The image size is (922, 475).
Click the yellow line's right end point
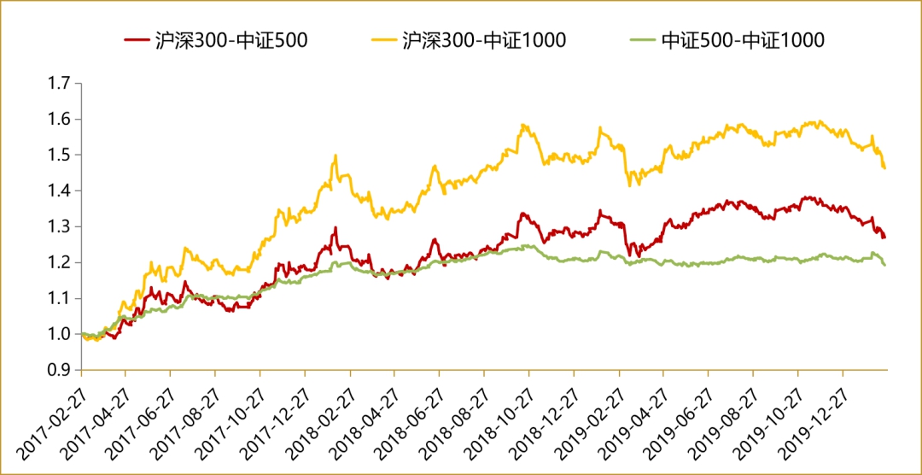click(884, 168)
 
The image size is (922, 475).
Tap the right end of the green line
click(884, 265)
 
